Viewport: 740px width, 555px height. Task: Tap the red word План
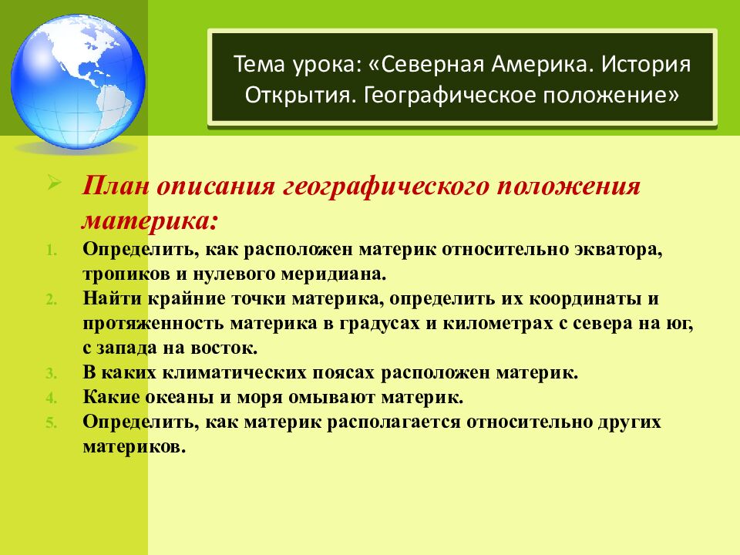tap(116, 187)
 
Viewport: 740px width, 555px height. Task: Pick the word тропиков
tap(122, 274)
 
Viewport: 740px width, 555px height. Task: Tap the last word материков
tap(135, 446)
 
